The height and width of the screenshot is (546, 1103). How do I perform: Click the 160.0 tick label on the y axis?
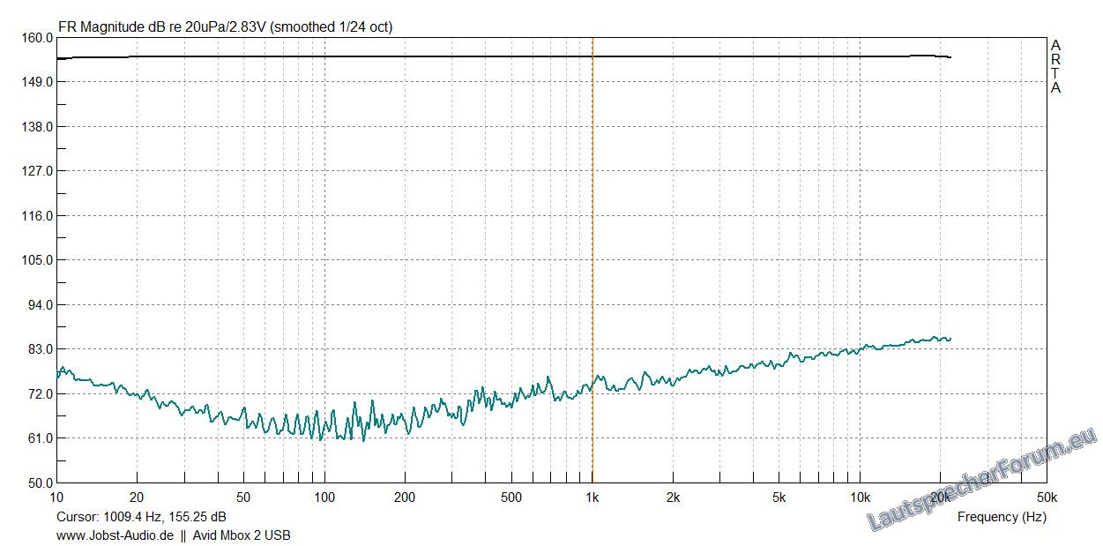(x=37, y=38)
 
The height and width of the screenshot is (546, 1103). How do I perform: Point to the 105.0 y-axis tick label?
(x=37, y=260)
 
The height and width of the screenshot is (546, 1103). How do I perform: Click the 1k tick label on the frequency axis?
(x=592, y=497)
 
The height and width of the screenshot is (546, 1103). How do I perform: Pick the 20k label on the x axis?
(x=940, y=497)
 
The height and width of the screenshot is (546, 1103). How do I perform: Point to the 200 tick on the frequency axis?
(x=405, y=497)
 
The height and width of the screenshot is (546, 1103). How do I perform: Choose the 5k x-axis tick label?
(x=779, y=497)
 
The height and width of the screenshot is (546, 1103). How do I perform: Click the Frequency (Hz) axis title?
(x=1002, y=517)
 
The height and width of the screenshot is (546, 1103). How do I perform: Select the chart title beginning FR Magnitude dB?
(x=225, y=26)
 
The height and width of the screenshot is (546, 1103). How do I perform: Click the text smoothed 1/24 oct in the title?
(x=331, y=26)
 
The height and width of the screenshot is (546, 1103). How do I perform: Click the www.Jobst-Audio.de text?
(x=115, y=535)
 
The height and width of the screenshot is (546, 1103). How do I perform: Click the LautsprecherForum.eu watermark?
(x=983, y=481)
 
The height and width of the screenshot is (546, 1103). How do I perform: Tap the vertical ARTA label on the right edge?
(x=1055, y=66)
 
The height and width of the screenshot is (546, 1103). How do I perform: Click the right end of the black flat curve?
(x=950, y=57)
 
